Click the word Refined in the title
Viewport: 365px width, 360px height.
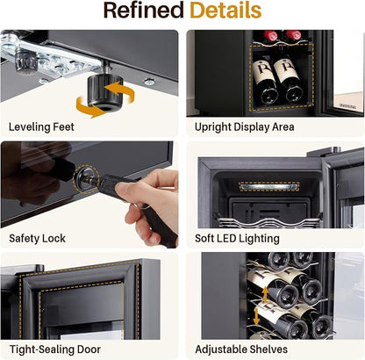click(144, 11)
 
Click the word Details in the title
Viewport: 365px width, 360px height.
click(225, 11)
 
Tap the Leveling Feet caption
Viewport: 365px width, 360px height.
click(41, 127)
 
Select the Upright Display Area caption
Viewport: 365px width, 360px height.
click(245, 127)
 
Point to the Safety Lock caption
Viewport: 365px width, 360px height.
click(37, 238)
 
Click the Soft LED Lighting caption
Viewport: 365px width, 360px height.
click(237, 238)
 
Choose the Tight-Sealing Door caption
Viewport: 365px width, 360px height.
click(55, 349)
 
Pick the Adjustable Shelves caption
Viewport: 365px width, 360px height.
click(241, 349)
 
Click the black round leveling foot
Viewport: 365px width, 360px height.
click(105, 91)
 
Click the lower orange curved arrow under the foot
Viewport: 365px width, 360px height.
click(88, 107)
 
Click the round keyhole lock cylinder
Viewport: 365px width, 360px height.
click(86, 179)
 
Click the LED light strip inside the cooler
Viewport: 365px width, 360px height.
click(269, 186)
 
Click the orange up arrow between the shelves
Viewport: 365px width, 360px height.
click(265, 294)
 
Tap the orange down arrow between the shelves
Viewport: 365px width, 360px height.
click(256, 316)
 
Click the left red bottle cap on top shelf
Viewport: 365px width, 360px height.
click(270, 35)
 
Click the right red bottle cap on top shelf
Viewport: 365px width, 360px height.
click(293, 35)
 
